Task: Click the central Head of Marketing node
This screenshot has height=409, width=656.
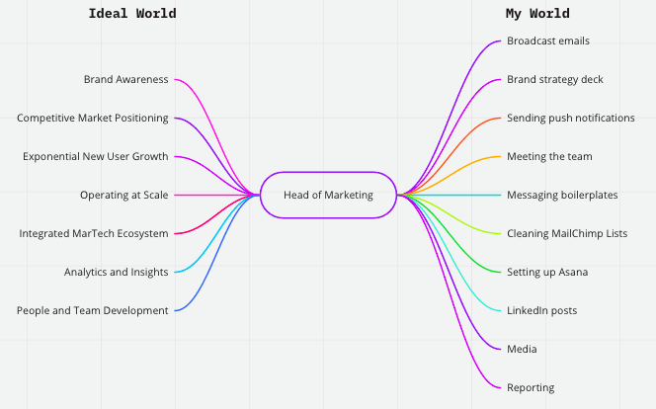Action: click(x=328, y=195)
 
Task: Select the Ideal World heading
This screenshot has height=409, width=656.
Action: click(x=132, y=14)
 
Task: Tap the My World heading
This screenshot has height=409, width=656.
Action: click(x=537, y=14)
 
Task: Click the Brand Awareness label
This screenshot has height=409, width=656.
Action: click(x=125, y=79)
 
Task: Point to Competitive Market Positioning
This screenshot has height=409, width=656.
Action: click(x=92, y=118)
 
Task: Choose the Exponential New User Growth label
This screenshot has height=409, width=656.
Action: click(x=95, y=156)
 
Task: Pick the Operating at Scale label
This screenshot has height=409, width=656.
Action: click(x=123, y=195)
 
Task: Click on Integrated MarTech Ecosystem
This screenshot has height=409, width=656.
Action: click(x=94, y=233)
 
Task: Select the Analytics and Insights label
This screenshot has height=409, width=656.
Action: click(x=116, y=272)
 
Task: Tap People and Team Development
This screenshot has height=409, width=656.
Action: click(x=92, y=310)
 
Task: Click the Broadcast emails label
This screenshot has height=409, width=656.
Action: click(x=548, y=41)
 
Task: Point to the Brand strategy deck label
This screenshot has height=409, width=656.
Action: click(x=554, y=79)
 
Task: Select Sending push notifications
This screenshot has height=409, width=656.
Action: click(x=570, y=118)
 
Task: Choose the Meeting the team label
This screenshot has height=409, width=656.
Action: click(x=549, y=156)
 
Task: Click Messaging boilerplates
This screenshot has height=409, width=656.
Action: click(x=562, y=195)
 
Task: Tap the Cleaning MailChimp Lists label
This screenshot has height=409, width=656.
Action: click(x=567, y=233)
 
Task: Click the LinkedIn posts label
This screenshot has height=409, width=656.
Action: click(x=542, y=310)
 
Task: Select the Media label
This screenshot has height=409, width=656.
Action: click(x=522, y=349)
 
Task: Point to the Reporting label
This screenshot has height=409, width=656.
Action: click(x=531, y=387)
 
